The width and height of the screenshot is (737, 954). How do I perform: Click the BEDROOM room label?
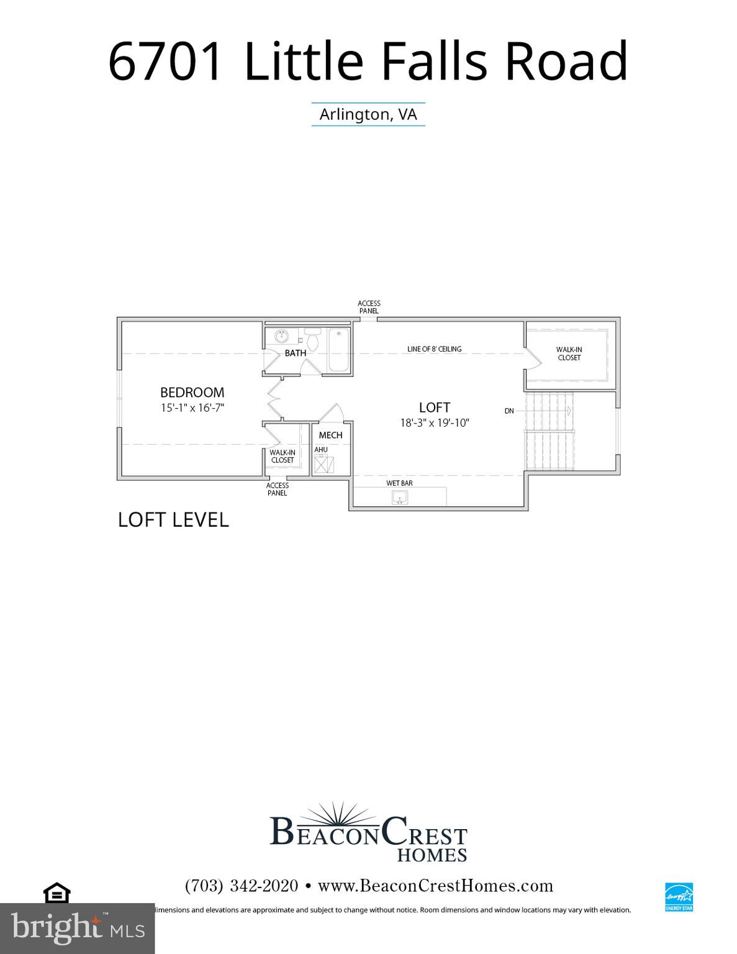(192, 393)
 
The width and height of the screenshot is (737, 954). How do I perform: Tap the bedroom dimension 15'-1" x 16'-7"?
(192, 408)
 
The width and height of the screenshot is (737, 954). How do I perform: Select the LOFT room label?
(434, 407)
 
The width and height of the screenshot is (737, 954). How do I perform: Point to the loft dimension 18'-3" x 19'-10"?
(435, 423)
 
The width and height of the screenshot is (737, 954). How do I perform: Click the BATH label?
(296, 353)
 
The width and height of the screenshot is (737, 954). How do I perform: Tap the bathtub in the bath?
(338, 350)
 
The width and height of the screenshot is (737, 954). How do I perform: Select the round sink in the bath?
(282, 337)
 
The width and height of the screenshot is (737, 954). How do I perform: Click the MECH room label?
(330, 435)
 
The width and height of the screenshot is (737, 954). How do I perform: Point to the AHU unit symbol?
(323, 464)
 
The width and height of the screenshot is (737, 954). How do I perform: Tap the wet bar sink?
(400, 497)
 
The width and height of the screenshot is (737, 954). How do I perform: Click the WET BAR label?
(399, 483)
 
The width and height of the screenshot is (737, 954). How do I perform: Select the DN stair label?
(509, 411)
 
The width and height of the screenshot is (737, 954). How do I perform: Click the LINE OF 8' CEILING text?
(434, 349)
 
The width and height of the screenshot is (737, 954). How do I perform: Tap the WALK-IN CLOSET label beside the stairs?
(569, 353)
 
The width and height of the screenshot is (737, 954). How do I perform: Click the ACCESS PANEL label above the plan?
(369, 307)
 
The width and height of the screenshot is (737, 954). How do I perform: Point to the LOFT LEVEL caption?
(173, 520)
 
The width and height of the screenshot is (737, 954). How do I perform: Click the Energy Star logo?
(679, 896)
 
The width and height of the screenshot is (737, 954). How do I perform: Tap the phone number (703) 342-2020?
(242, 886)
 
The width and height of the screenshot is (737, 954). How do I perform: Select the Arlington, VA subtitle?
(368, 114)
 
